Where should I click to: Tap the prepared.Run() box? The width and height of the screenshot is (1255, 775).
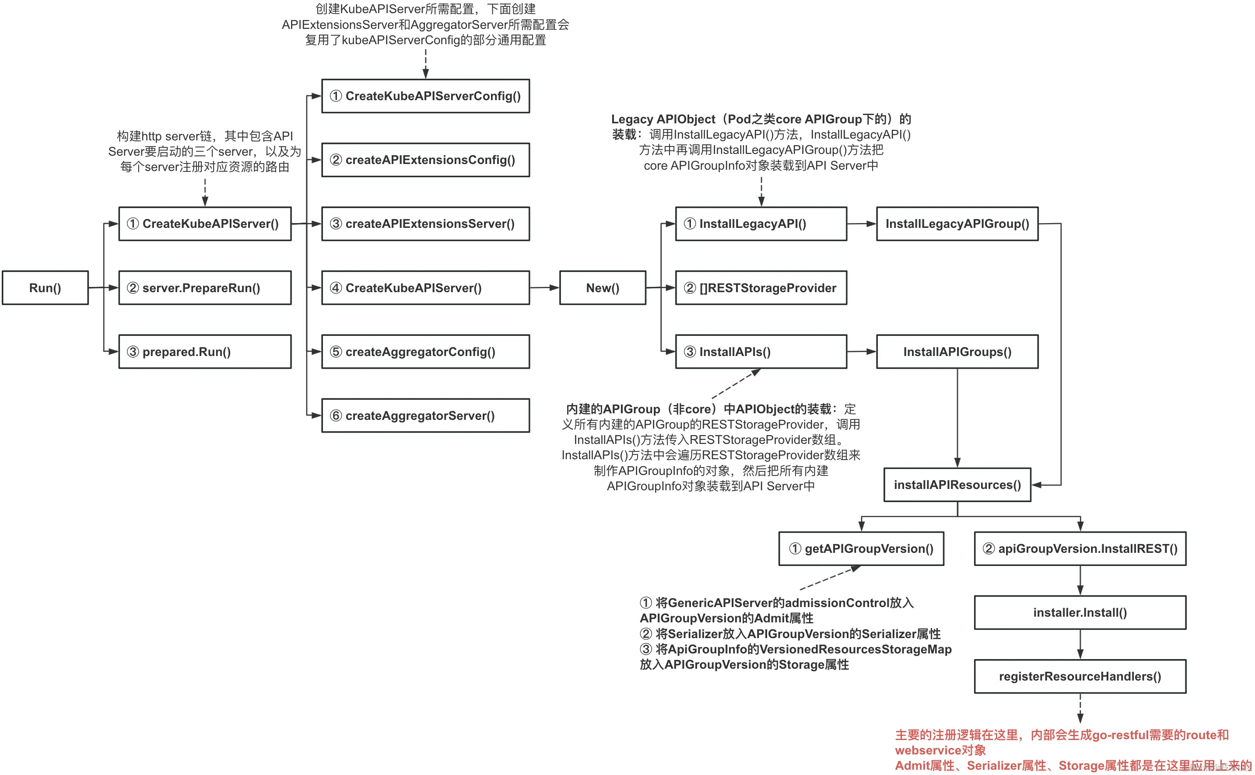pos(205,352)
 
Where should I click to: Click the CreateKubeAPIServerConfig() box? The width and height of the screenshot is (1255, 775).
pos(425,96)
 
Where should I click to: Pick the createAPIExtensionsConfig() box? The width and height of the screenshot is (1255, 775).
pos(425,160)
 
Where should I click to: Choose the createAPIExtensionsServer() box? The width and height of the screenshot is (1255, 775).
pos(425,223)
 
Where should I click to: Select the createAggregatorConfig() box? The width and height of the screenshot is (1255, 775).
pos(425,352)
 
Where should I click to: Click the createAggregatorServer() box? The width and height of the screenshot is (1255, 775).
pos(425,415)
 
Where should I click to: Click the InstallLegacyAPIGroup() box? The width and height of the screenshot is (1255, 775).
pos(957,223)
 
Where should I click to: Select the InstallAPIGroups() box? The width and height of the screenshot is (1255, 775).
pos(957,352)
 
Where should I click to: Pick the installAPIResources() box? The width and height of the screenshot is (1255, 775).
pos(957,485)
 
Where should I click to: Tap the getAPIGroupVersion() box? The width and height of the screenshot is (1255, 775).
pos(861,548)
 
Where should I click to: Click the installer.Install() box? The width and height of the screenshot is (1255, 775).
pos(1080,612)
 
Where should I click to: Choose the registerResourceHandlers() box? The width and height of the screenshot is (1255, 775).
pos(1080,676)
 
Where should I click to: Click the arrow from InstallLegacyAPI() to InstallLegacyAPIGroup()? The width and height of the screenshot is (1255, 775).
pos(861,223)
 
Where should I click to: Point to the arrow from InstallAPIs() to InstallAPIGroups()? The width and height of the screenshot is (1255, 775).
pos(861,352)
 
